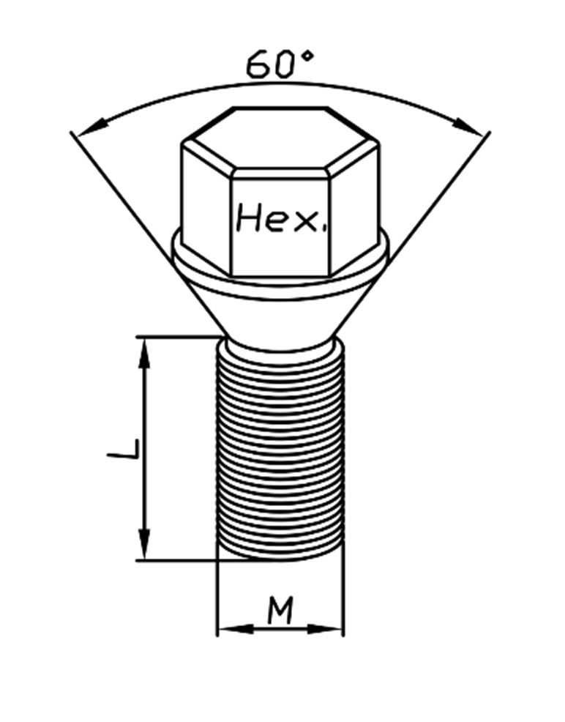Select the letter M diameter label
(x=280, y=611)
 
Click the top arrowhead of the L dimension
(x=146, y=351)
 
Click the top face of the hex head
(x=280, y=139)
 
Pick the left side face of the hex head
(x=207, y=205)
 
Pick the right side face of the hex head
(x=354, y=205)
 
